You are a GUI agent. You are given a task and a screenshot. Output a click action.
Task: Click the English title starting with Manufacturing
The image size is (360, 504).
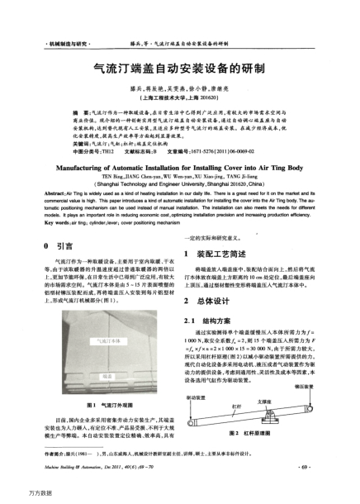pyautogui.click(x=180, y=165)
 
